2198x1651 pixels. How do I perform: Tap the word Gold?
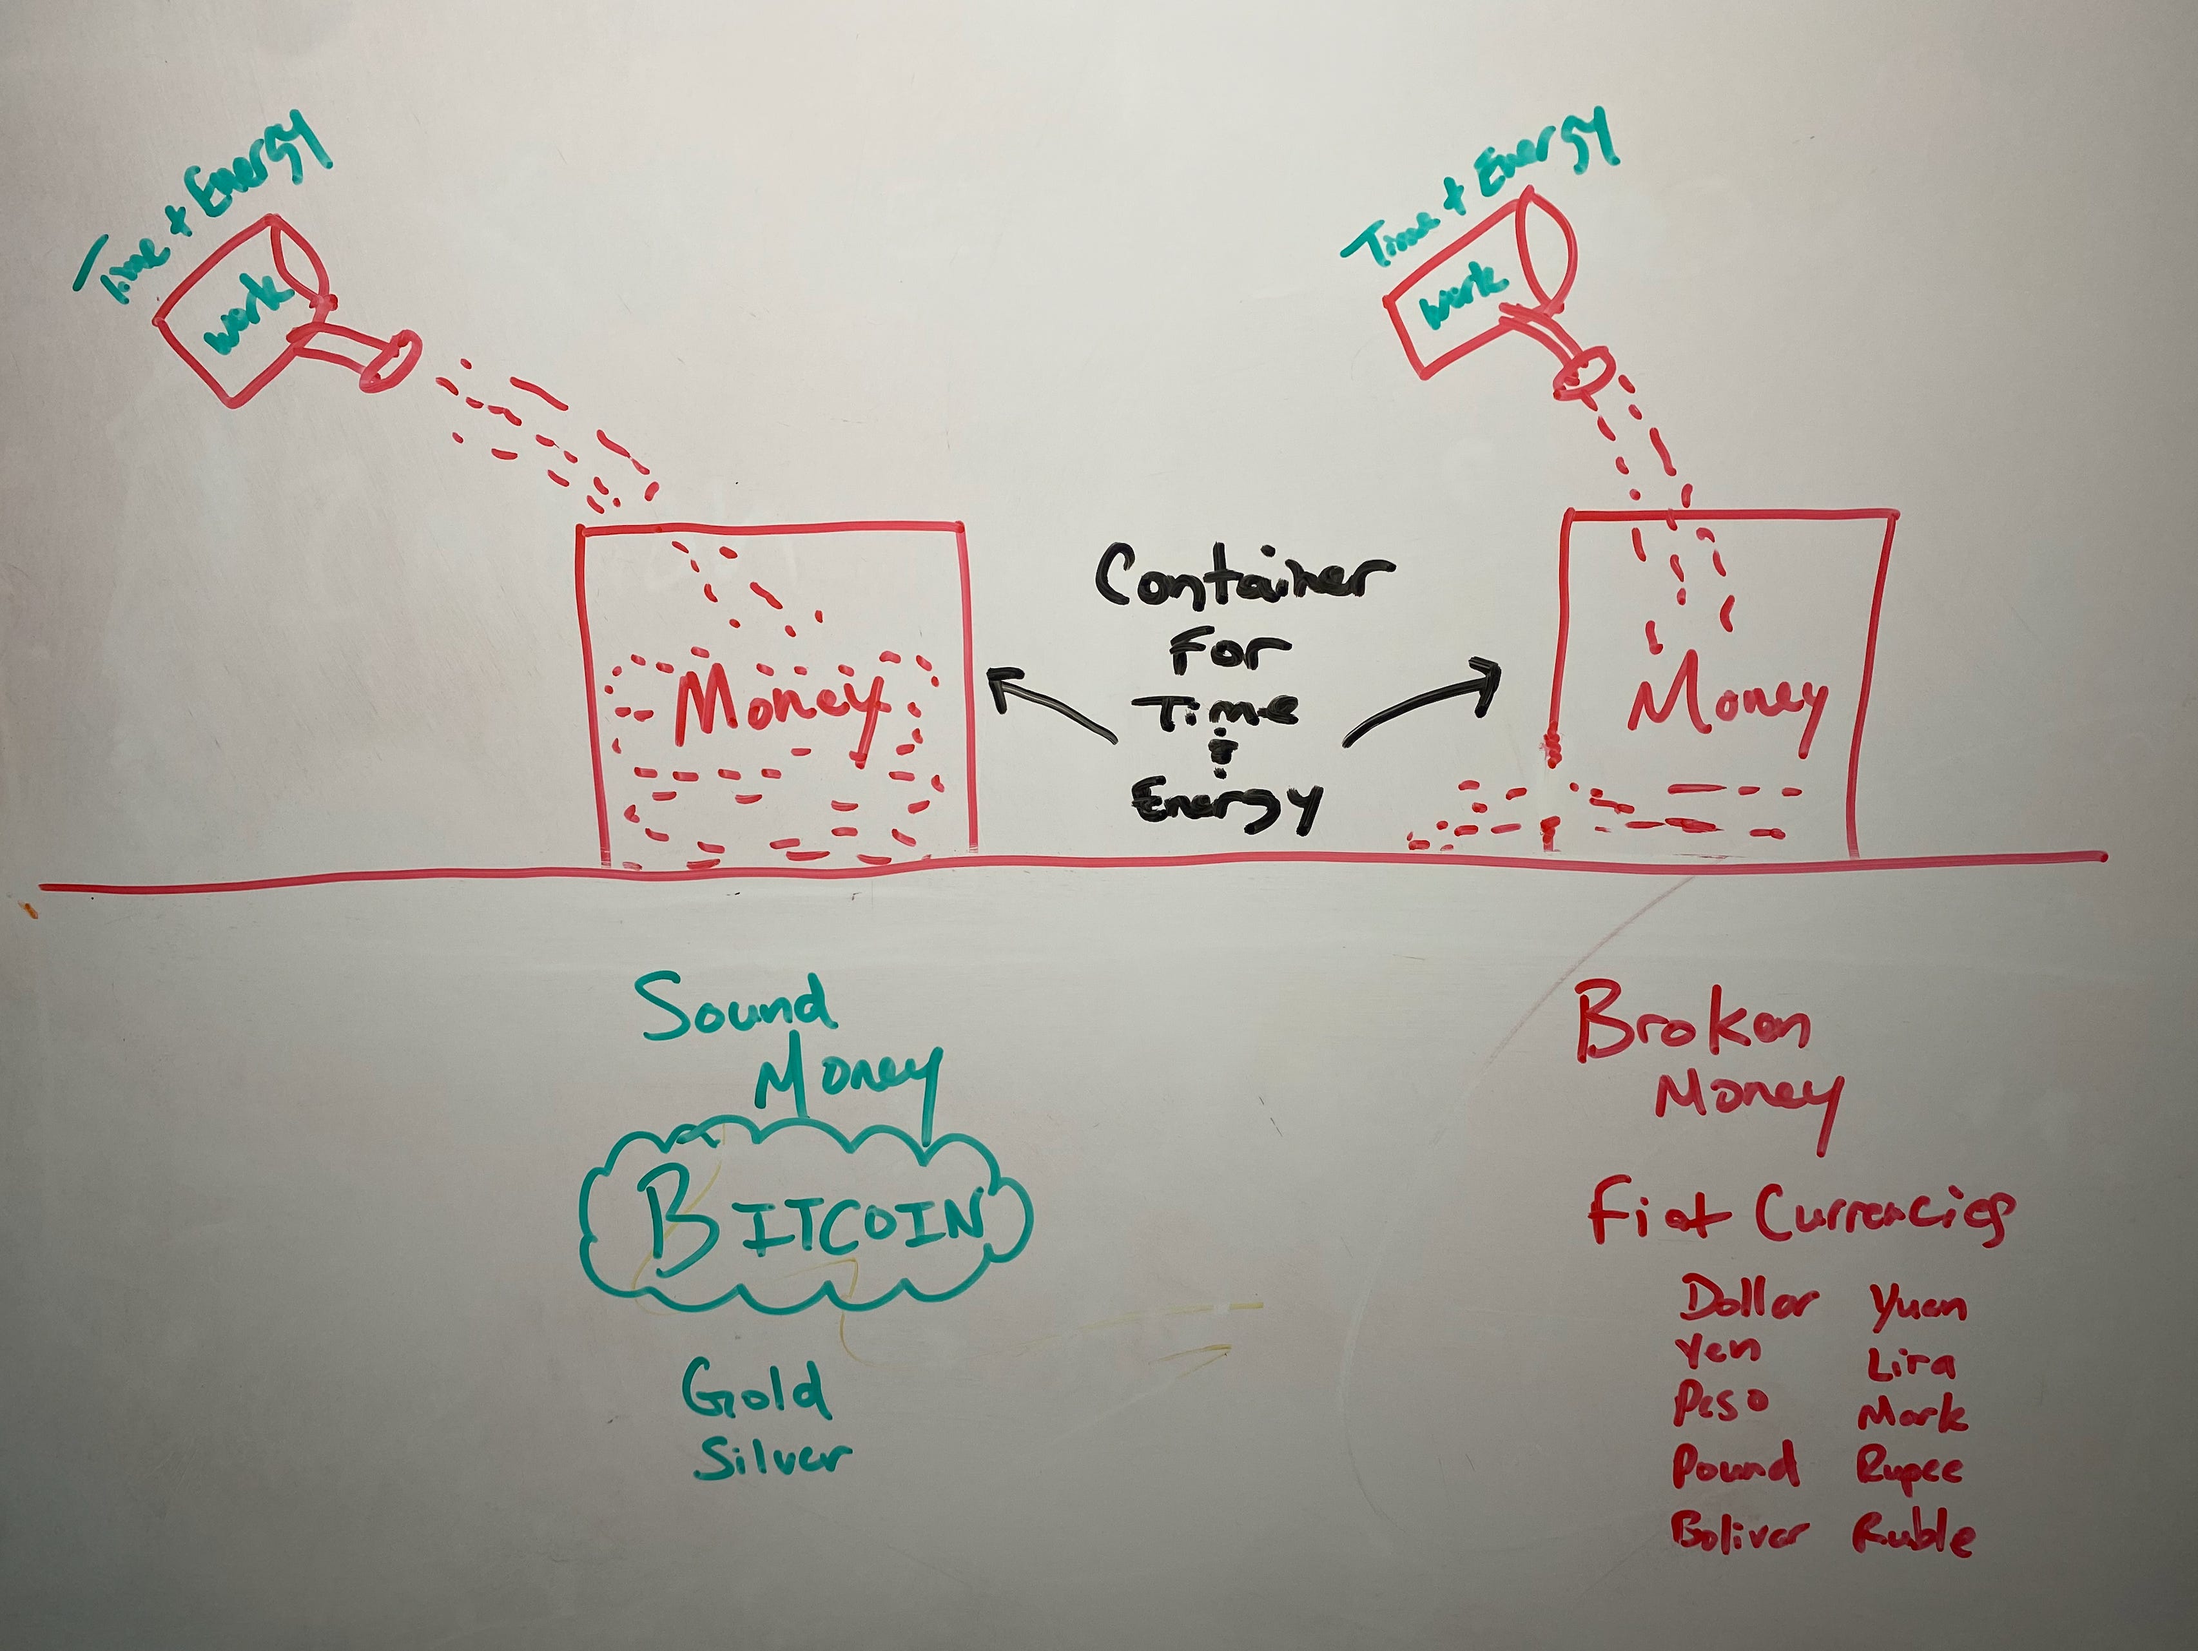(x=755, y=1389)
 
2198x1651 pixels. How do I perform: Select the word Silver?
(x=773, y=1457)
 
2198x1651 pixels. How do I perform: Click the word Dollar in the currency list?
(x=1749, y=1299)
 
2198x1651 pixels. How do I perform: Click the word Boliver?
(x=1739, y=1532)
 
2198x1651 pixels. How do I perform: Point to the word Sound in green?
(x=735, y=1007)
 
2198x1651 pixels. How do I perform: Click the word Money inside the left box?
(x=780, y=708)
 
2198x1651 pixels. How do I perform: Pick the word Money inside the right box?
(x=1727, y=703)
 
